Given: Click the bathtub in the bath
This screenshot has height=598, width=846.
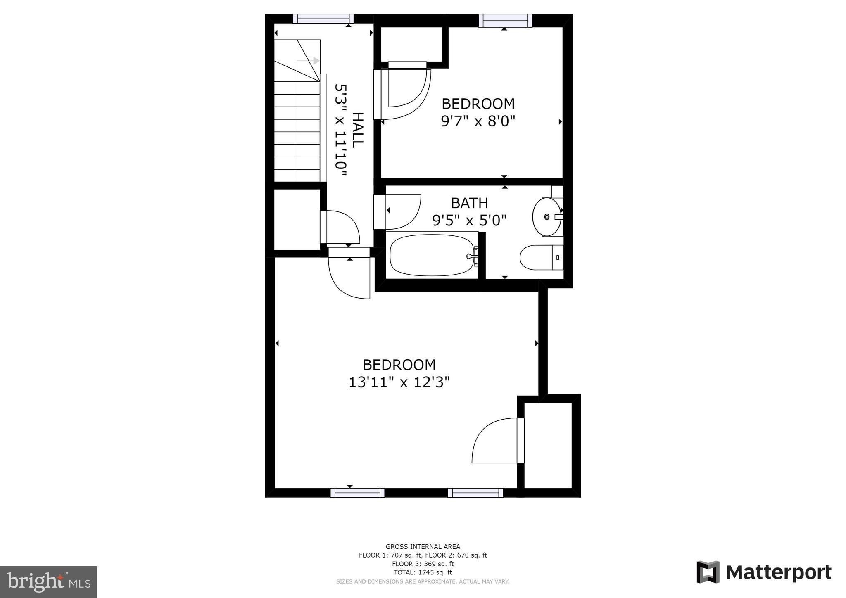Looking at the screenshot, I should pos(432,255).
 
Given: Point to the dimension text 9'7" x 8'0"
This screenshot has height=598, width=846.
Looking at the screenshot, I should pos(478,121).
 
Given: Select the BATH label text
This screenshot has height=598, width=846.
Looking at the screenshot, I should pos(469,203).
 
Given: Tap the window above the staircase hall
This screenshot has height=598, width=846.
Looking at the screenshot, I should pos(323,19).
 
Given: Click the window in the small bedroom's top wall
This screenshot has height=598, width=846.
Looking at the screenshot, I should pos(505,20).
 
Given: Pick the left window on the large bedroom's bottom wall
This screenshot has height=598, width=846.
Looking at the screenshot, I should pos(357,492).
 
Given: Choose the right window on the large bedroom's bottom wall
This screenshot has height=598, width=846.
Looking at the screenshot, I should pos(475,492).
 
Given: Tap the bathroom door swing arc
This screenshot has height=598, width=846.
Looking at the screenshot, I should pos(403,211).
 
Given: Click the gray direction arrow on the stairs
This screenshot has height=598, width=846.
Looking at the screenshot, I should pos(316,61).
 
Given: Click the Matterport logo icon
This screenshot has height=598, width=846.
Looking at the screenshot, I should pos(708,572).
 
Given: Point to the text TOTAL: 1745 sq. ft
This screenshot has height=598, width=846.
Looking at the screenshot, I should pos(423,572).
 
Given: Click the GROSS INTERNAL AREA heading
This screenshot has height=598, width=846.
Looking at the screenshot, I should pos(423,546).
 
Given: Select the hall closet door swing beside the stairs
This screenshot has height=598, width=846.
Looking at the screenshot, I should pos(342,227).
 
